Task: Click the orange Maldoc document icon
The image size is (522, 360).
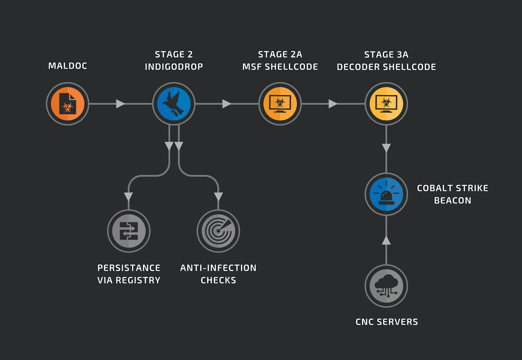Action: (68, 104)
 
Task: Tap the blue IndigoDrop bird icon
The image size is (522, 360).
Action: (174, 104)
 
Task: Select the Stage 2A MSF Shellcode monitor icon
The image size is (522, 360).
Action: (280, 104)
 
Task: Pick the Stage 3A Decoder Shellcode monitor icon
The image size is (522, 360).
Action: (386, 104)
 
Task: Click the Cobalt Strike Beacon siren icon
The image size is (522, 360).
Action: (386, 194)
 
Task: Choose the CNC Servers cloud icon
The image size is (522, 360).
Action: (386, 286)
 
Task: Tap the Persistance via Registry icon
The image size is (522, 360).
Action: (129, 231)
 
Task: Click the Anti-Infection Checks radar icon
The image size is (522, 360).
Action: (218, 231)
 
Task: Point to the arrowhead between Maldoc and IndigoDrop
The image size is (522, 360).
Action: (120, 104)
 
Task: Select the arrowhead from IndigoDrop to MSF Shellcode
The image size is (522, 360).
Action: (226, 104)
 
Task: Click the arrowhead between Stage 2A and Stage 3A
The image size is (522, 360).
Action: (332, 104)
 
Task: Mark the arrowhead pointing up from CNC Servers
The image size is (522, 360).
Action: (386, 241)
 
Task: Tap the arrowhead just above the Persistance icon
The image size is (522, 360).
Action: (129, 196)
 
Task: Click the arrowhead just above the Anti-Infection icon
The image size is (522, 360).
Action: (218, 196)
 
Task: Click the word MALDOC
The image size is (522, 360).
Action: (68, 66)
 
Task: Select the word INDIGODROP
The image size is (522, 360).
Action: (174, 67)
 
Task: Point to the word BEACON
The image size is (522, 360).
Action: (453, 201)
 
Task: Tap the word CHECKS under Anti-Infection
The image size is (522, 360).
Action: (218, 280)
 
